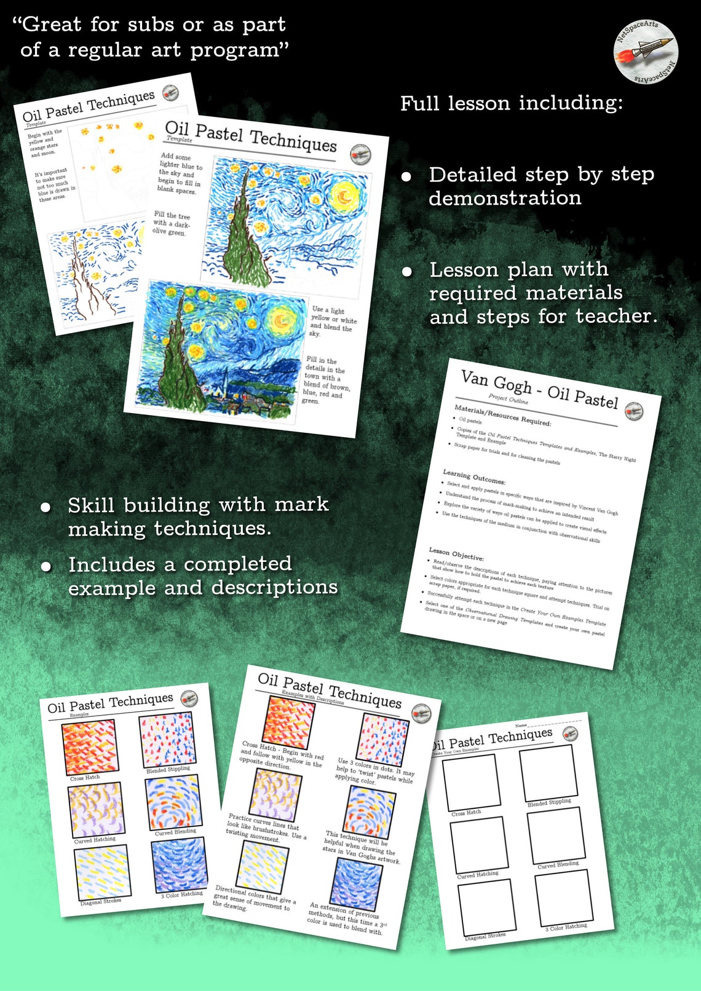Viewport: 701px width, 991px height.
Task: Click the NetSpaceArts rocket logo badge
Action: coord(646,52)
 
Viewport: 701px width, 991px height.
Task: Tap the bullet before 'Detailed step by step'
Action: coord(406,177)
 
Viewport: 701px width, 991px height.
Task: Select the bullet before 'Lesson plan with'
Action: coord(406,272)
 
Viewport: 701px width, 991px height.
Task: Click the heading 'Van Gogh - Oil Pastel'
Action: coord(539,389)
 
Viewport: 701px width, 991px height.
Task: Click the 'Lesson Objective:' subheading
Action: coord(456,554)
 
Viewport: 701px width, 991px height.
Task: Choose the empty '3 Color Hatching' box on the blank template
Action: coord(564,898)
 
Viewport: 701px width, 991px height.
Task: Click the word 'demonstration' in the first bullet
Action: coord(505,199)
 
